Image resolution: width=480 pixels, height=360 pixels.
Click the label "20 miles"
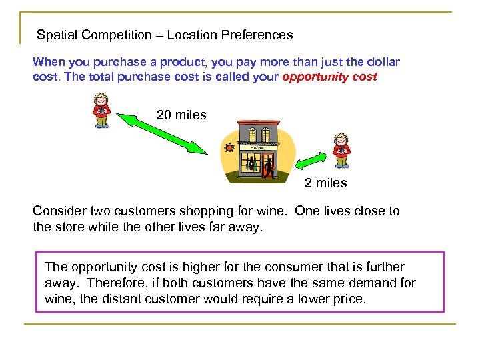181,115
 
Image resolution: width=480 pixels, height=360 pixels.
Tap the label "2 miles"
326,183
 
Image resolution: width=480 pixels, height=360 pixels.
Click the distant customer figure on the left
101,109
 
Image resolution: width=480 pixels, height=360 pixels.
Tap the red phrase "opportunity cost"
329,77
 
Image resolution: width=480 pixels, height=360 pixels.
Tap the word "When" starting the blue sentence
49,62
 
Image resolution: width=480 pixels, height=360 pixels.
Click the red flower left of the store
229,147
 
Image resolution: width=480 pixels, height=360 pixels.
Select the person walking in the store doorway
268,167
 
